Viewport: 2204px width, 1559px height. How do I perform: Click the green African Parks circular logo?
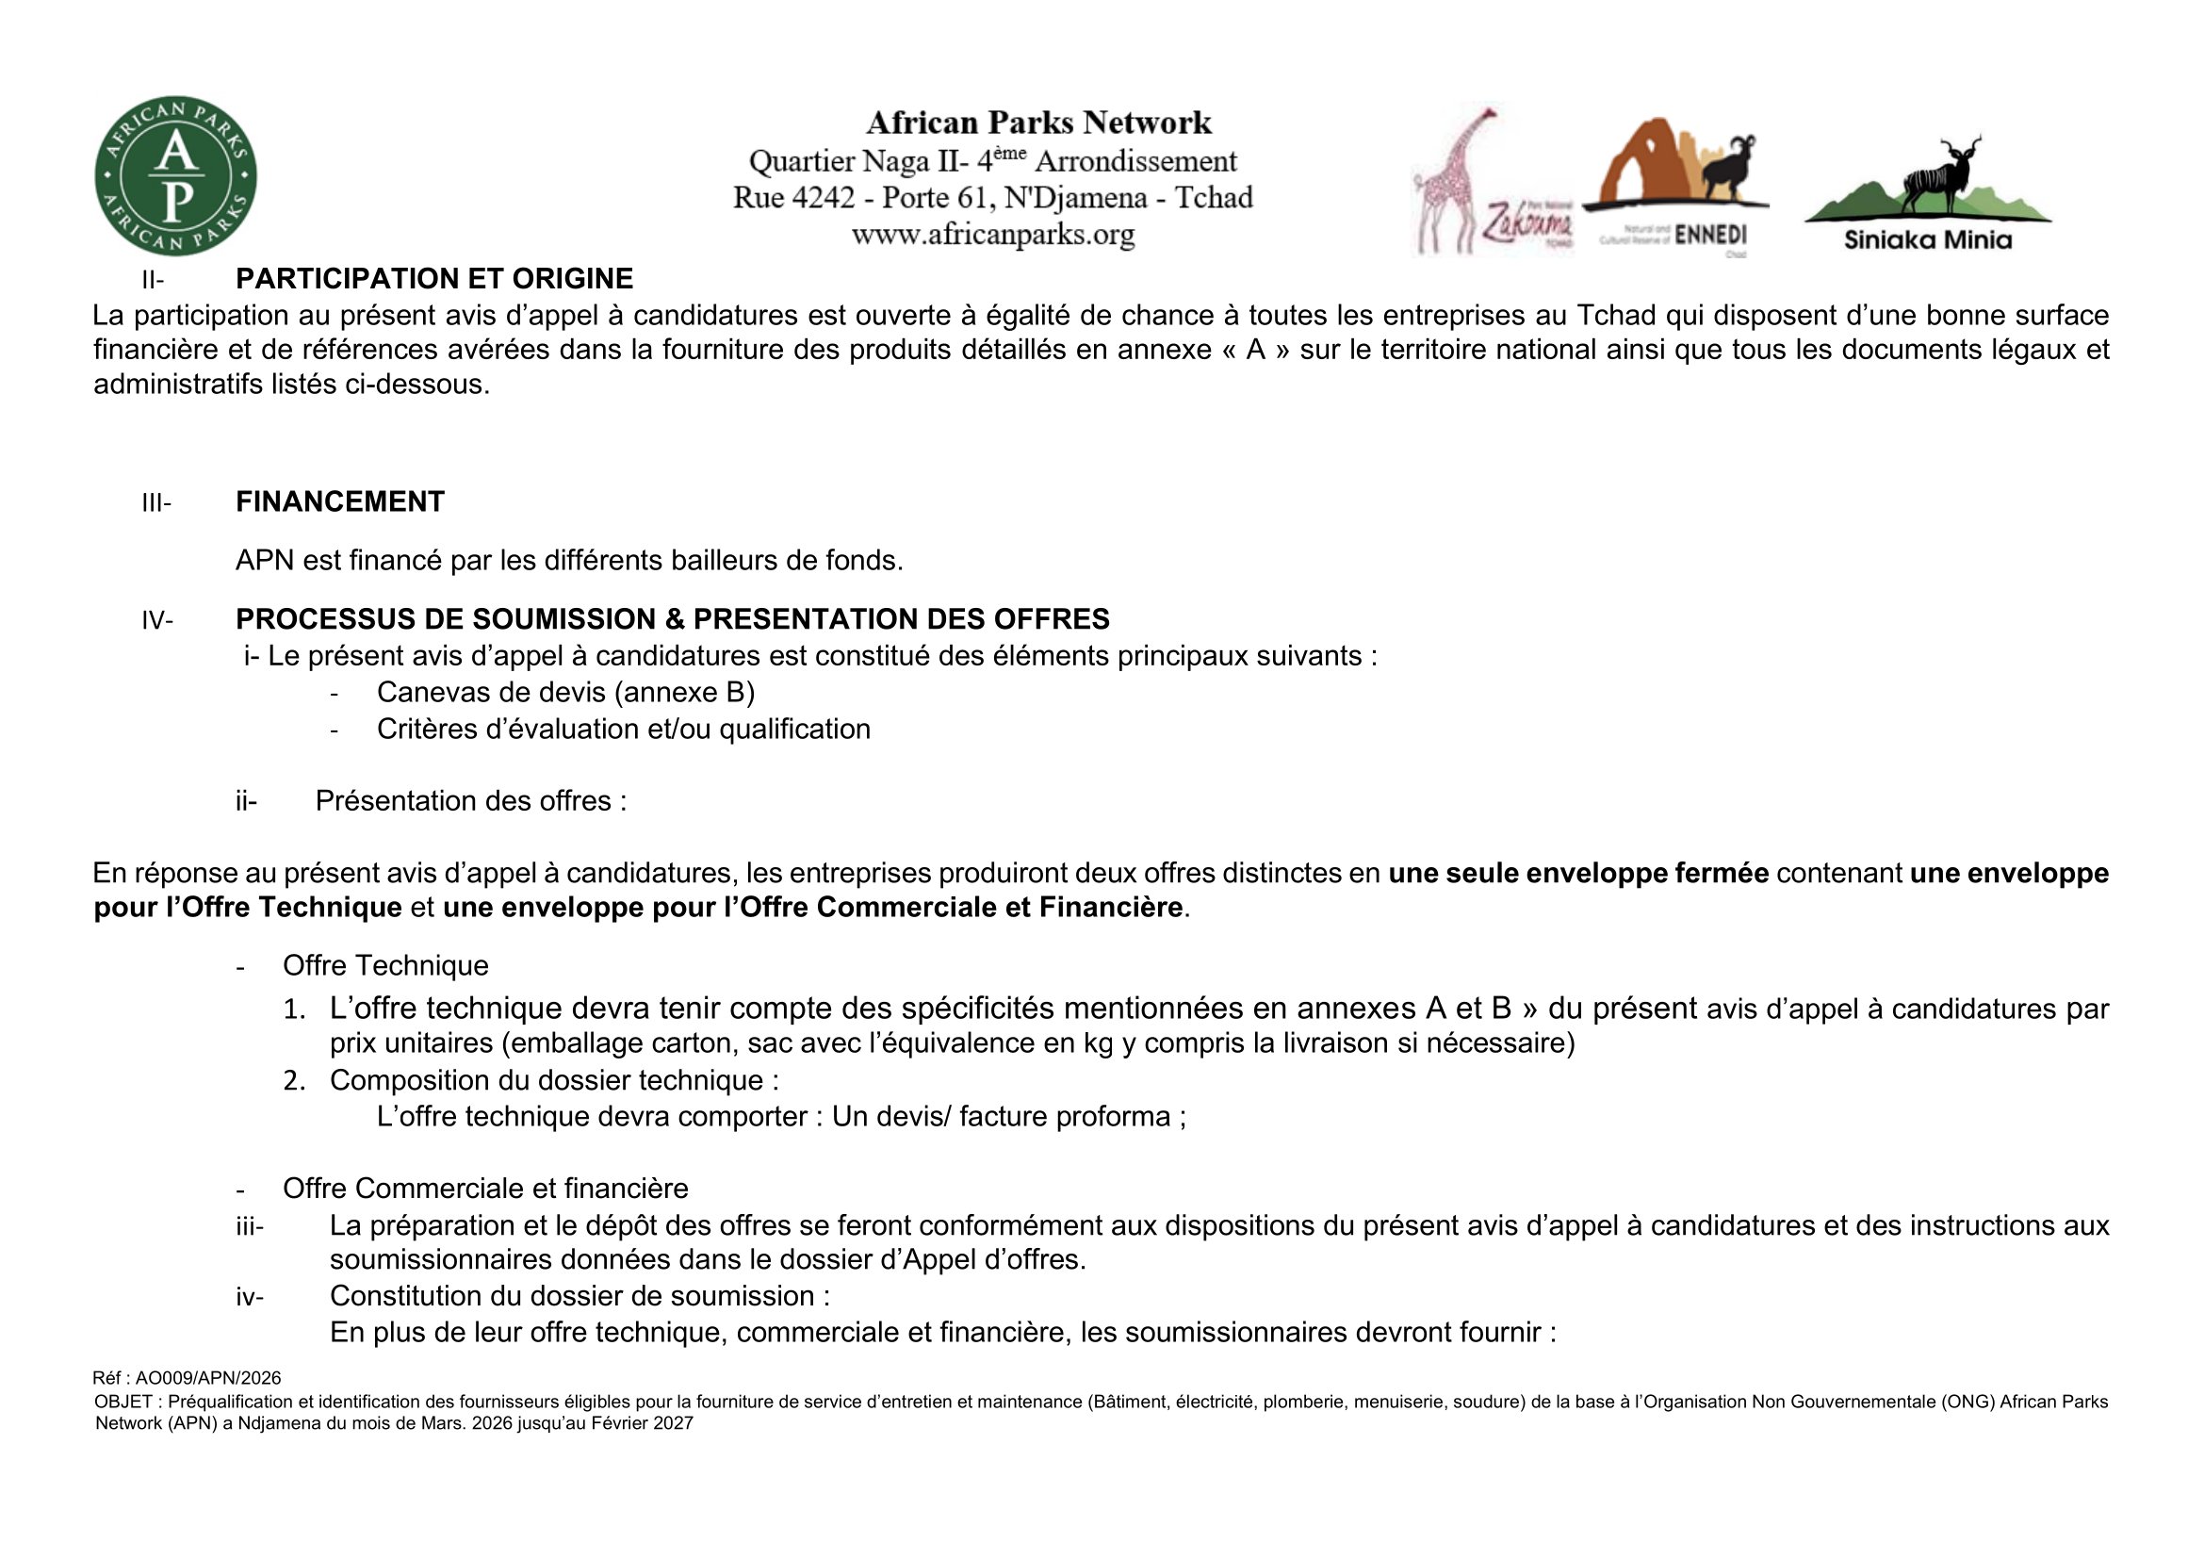click(175, 175)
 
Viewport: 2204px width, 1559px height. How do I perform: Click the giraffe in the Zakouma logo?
click(1449, 183)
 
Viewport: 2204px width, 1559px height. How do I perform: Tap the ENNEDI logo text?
click(1710, 236)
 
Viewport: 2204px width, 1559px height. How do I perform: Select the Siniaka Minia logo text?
click(1928, 240)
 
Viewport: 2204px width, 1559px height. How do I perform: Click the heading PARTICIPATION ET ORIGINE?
click(433, 278)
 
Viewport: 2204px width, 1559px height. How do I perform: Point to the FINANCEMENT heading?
click(340, 501)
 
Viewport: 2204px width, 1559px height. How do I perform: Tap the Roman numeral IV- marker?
click(157, 620)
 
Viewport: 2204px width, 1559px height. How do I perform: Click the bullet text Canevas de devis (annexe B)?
click(565, 692)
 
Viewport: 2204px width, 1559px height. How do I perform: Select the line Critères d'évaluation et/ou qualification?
click(623, 730)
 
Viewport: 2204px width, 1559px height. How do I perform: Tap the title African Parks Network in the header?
click(1038, 123)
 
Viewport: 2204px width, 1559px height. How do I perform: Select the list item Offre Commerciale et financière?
click(484, 1189)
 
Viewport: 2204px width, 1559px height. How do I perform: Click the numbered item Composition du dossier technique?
click(554, 1080)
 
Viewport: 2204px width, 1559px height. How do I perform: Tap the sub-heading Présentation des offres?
click(470, 800)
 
